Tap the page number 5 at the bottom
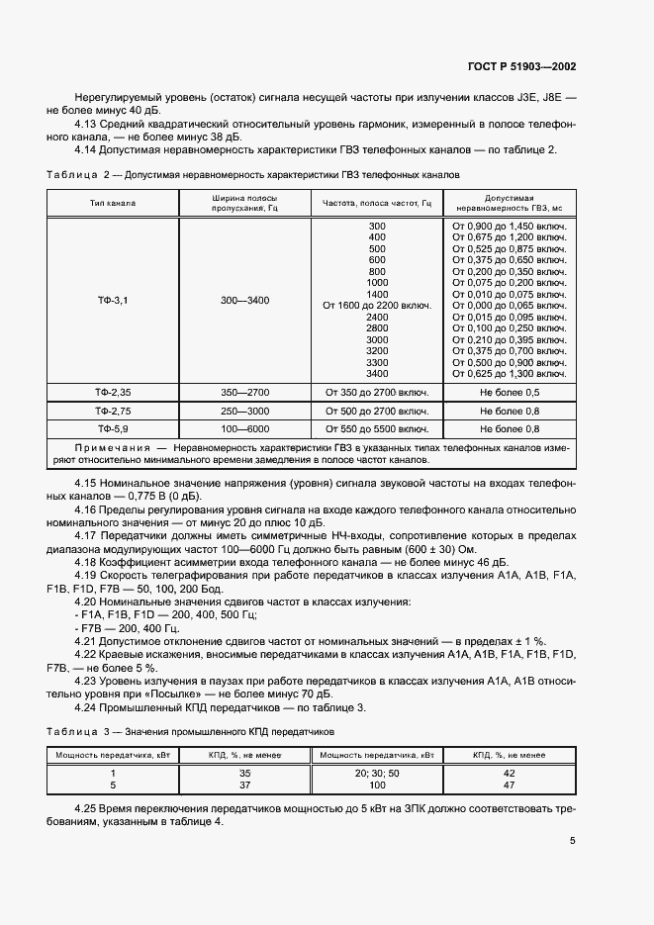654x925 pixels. pyautogui.click(x=573, y=841)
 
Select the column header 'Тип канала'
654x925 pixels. pyautogui.click(x=113, y=203)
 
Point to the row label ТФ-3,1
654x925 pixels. pyautogui.click(x=113, y=300)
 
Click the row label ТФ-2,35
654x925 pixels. pyautogui.click(x=113, y=393)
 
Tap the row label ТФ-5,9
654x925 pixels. pyautogui.click(x=113, y=429)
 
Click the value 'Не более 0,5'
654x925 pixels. pyautogui.click(x=509, y=393)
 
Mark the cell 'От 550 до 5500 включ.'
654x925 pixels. pyautogui.click(x=377, y=429)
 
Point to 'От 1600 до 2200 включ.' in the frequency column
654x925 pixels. pyautogui.click(x=377, y=306)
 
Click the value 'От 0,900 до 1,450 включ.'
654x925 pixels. pyautogui.click(x=509, y=227)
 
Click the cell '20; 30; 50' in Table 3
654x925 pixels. pyautogui.click(x=377, y=772)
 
